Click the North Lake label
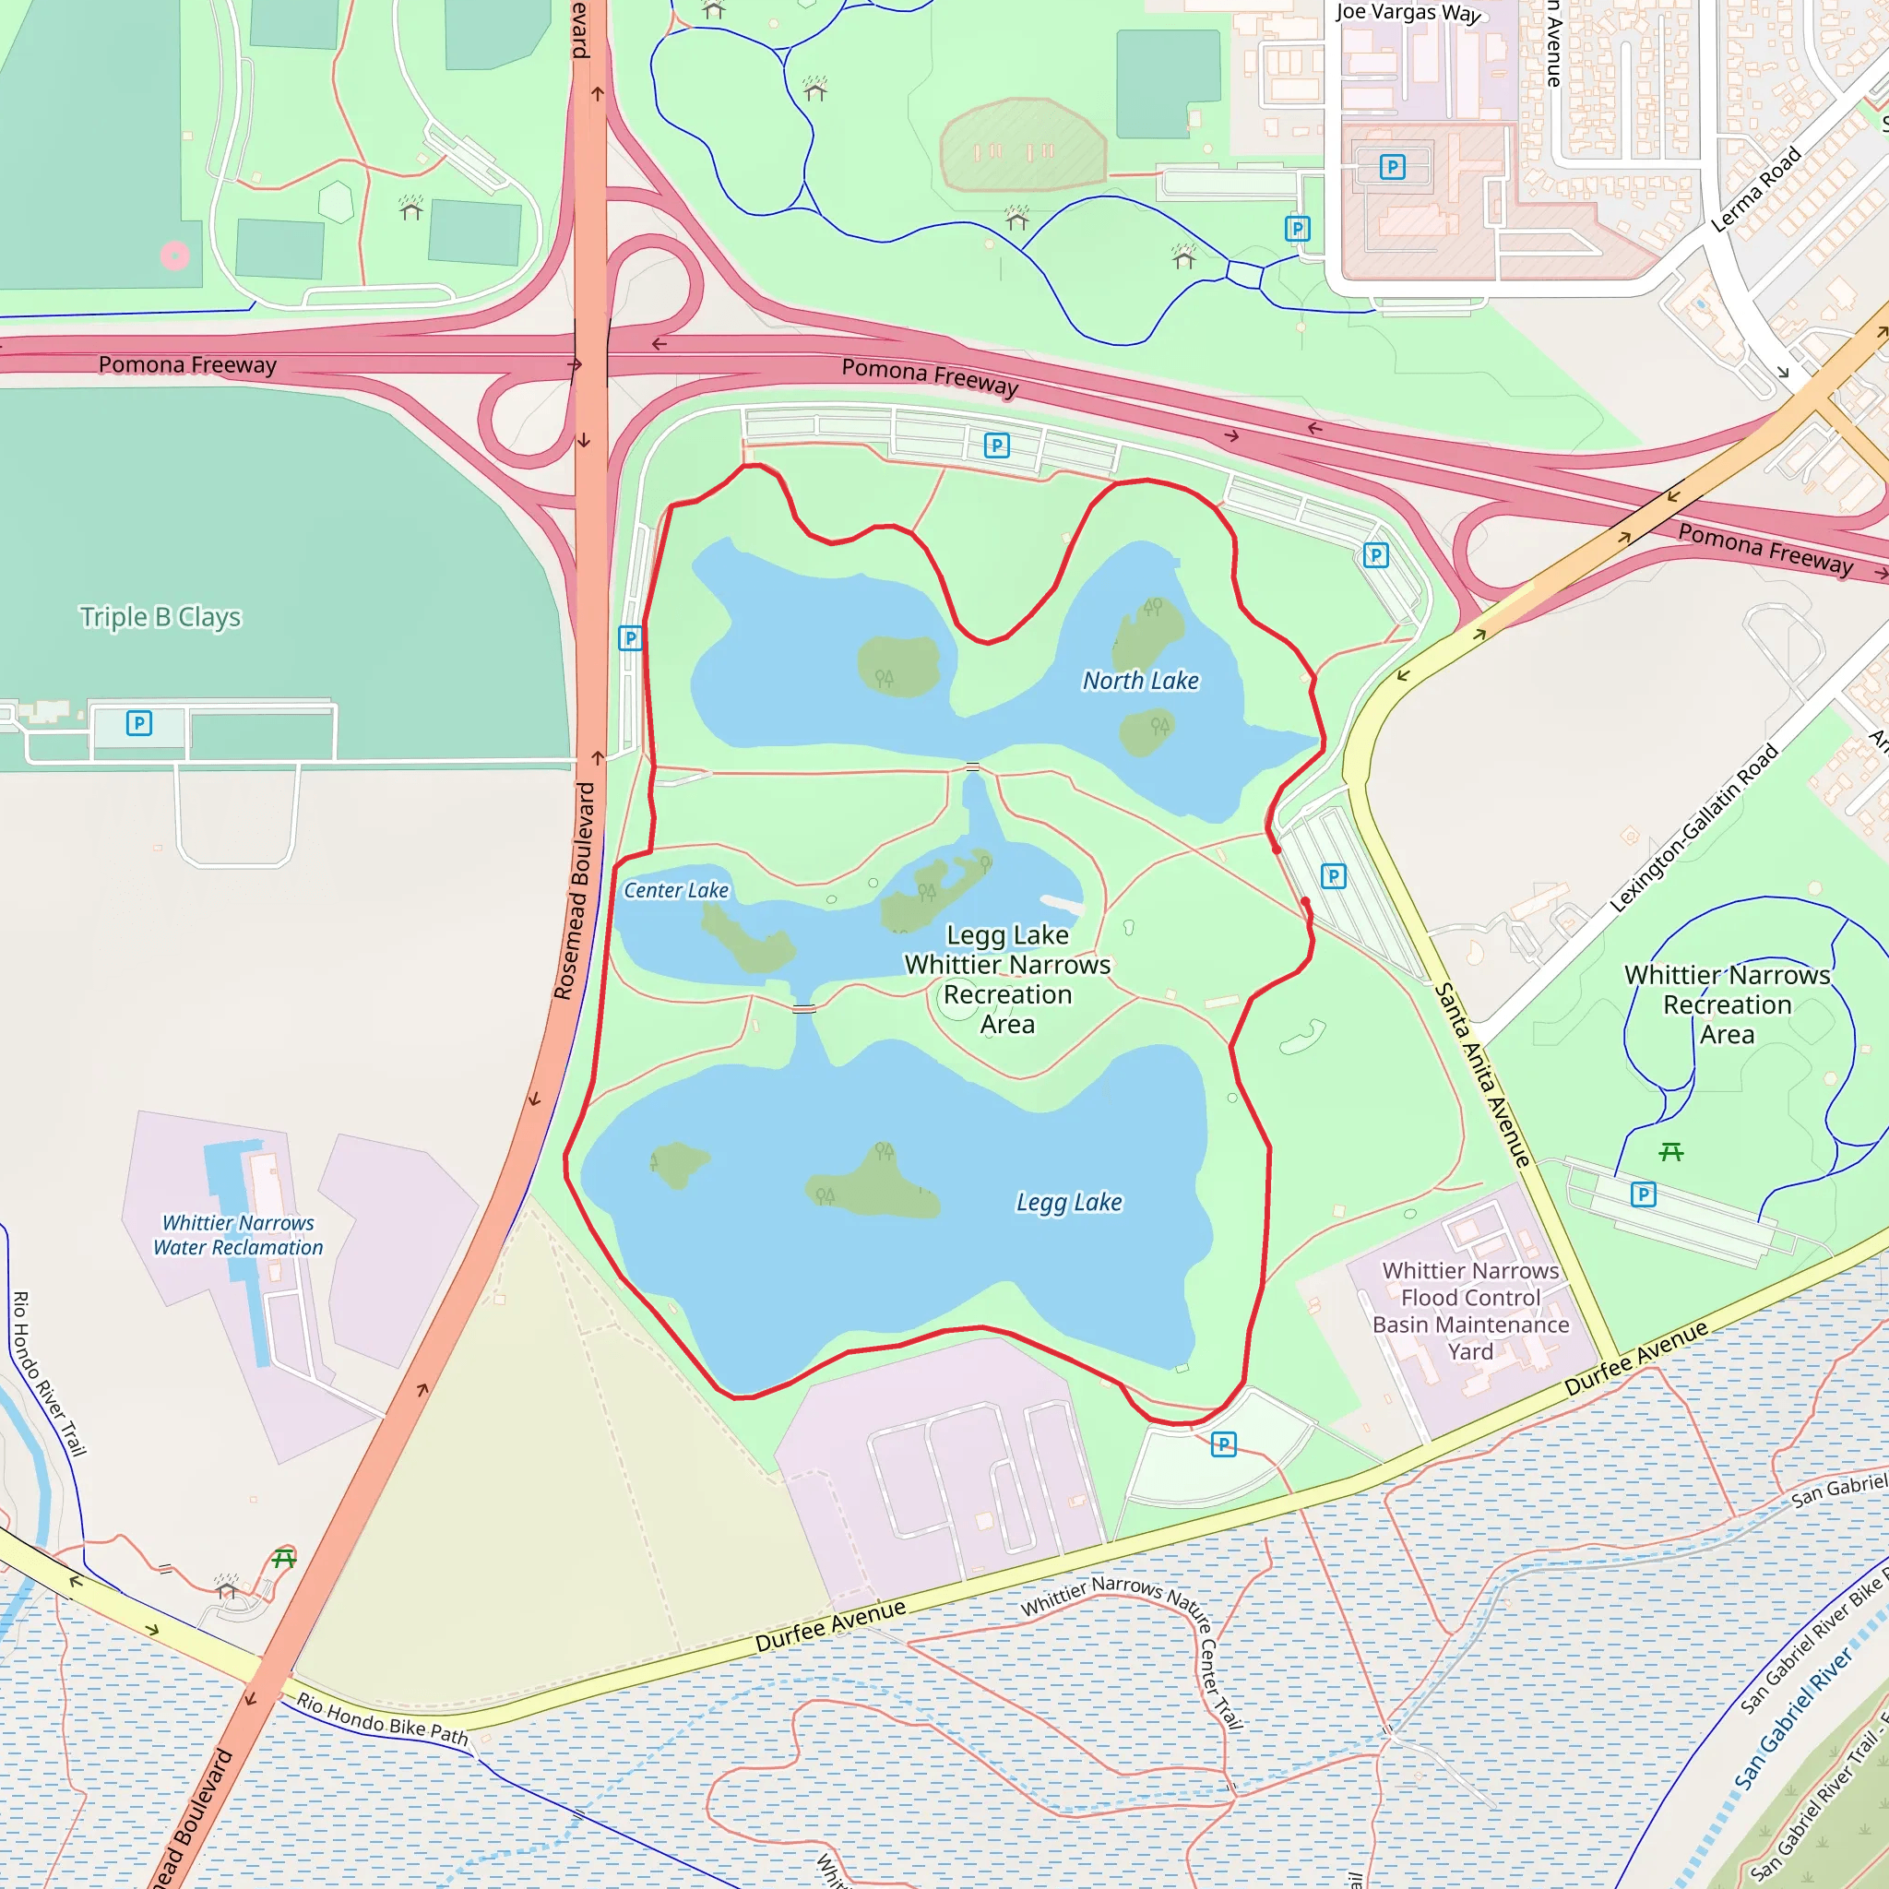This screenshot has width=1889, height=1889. pos(1140,681)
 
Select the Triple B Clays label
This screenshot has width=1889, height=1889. pos(160,617)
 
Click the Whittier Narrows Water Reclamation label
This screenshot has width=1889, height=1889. pos(238,1235)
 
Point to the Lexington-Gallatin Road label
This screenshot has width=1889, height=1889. pos(1693,828)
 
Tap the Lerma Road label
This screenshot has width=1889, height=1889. pos(1756,190)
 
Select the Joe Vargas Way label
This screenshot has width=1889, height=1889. pos(1407,13)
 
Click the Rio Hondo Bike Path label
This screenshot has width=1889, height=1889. pos(382,1719)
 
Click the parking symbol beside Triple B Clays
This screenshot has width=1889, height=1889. pos(139,723)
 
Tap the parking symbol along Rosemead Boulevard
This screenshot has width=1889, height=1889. pos(631,638)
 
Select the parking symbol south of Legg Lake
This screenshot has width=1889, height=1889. pos(1223,1444)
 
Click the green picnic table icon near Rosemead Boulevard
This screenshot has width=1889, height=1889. pos(284,1558)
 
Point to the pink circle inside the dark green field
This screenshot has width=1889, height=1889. pos(175,256)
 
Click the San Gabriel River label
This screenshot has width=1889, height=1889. pos(1793,1720)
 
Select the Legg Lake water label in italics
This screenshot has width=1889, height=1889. pos(1069,1202)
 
